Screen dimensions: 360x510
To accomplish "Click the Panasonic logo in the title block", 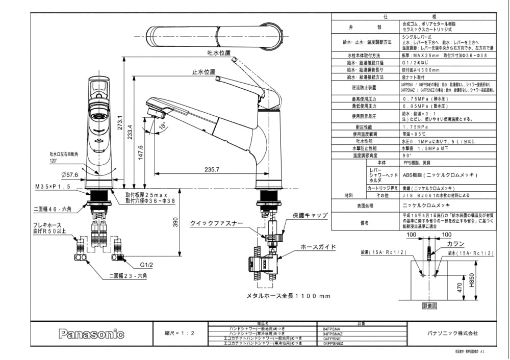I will click(x=91, y=334).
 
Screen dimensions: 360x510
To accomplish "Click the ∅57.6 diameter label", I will click(x=69, y=174).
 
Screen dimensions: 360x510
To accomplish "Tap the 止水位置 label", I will click(x=203, y=72).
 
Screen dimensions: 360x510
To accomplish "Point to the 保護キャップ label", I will click(x=310, y=216).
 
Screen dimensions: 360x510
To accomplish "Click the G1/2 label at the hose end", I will click(x=147, y=265).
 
